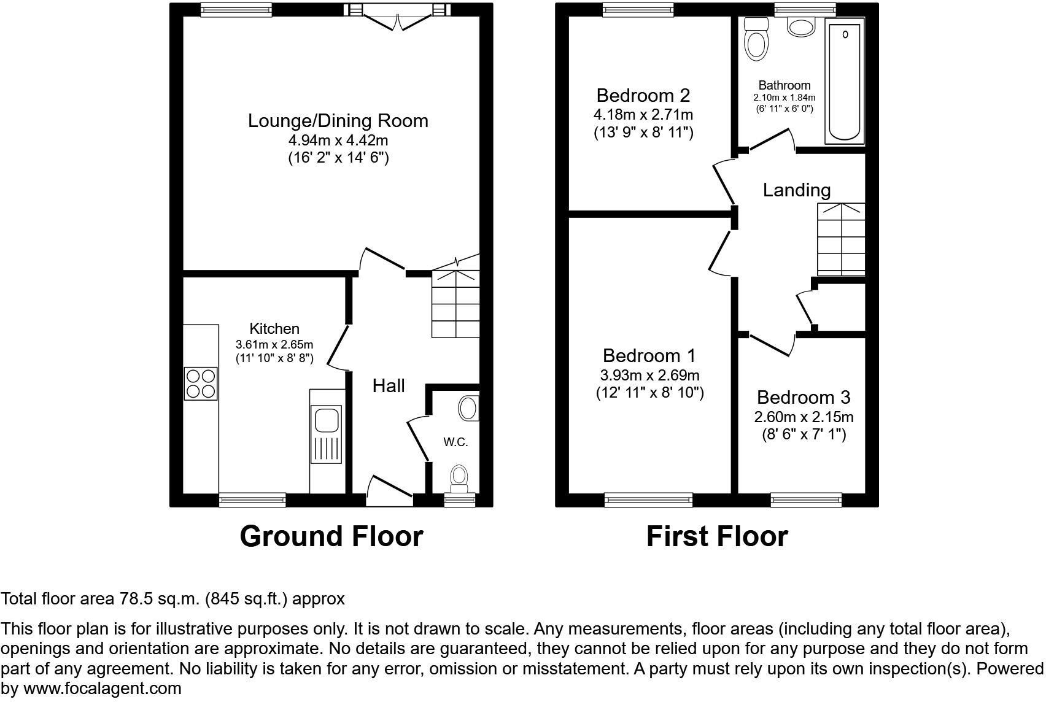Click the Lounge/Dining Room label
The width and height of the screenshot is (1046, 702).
tap(338, 121)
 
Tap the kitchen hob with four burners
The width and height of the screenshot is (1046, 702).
tap(201, 384)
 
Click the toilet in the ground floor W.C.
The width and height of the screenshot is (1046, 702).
tap(459, 478)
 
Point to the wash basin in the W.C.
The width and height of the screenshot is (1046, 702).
tap(470, 408)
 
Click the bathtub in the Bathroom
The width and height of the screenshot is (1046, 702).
tap(845, 80)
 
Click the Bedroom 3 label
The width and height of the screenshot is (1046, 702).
tap(804, 398)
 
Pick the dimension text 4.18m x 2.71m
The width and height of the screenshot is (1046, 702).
tap(643, 115)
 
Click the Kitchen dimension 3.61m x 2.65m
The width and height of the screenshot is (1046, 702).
tap(274, 344)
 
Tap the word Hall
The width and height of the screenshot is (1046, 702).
tap(389, 386)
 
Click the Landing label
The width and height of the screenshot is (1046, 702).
tap(796, 190)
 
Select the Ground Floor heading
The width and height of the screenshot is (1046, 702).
tap(331, 536)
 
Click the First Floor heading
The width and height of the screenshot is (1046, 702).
tap(716, 536)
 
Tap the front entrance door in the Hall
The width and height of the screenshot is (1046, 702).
tap(389, 491)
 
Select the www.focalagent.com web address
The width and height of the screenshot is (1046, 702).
tap(103, 688)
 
